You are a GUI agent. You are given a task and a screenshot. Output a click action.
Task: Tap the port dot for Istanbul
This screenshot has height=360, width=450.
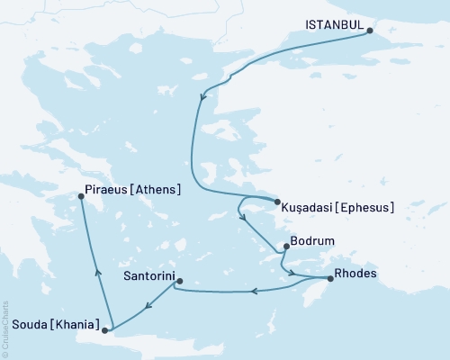point(370,28)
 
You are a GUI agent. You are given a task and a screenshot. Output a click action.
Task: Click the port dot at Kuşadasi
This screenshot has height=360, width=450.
point(276,202)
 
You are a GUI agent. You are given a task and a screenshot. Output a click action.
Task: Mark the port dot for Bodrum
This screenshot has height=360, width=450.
point(286,246)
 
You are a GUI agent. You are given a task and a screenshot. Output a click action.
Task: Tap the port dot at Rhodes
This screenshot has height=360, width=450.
point(330,279)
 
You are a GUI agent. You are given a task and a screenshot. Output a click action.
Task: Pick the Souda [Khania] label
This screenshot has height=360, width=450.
point(49,323)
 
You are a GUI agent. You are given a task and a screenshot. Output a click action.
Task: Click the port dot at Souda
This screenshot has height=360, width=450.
point(106,330)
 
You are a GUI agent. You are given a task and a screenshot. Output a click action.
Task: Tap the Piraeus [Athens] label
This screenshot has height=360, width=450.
point(132,190)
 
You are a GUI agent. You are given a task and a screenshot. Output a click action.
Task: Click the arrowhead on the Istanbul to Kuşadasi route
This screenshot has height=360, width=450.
point(204,96)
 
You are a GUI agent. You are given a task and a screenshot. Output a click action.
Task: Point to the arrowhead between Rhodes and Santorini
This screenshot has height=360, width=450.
point(255,291)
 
